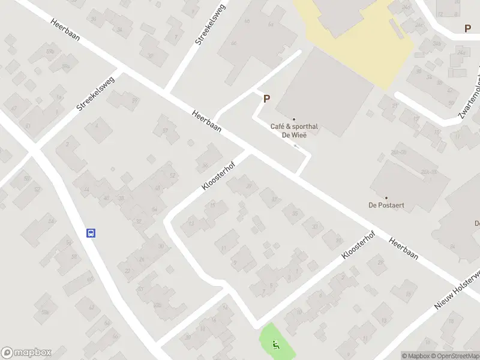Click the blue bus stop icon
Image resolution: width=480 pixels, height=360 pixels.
point(91,233)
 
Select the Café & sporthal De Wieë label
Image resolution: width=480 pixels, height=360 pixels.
point(294,131)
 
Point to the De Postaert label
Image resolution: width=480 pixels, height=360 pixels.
point(386,205)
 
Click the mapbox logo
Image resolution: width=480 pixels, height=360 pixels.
point(26,353)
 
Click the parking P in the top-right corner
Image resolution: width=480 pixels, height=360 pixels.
point(467,28)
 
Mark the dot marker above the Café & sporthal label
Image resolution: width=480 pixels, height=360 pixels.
point(294,119)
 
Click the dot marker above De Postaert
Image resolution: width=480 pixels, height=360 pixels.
point(386,197)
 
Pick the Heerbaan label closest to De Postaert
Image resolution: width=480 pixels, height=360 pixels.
point(403,250)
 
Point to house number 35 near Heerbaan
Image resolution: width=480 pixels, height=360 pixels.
point(294,213)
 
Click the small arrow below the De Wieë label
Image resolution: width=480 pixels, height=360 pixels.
point(295,146)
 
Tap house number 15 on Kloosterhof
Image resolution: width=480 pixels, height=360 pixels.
point(212,205)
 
